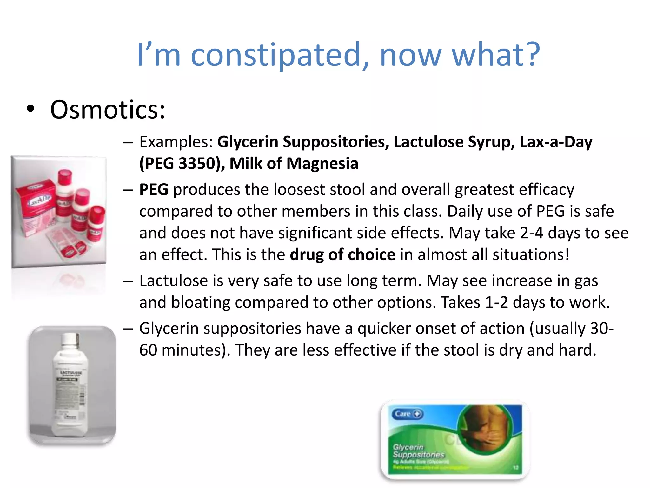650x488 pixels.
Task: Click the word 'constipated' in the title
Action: [x=275, y=55]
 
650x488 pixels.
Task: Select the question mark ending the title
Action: [x=531, y=55]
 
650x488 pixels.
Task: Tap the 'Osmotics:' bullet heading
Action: [x=108, y=110]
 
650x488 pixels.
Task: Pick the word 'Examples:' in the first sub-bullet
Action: [x=176, y=142]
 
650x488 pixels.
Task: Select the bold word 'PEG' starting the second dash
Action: [x=154, y=190]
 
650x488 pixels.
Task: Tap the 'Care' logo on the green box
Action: [x=407, y=414]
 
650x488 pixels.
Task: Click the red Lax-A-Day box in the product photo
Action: [x=35, y=203]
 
